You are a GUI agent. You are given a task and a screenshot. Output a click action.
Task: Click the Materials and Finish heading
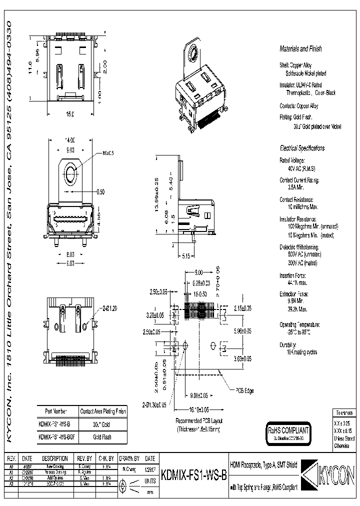point(300,49)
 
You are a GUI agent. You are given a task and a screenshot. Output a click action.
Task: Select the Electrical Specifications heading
point(301,148)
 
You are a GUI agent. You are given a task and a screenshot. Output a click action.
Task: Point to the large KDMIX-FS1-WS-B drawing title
point(193,475)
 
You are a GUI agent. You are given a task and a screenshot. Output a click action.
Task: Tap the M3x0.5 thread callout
point(108,152)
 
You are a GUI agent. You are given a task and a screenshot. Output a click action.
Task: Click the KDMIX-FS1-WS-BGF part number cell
point(58,436)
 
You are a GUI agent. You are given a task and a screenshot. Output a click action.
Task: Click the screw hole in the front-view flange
point(70,174)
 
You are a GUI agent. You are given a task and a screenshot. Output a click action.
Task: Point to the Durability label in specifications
point(289,345)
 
